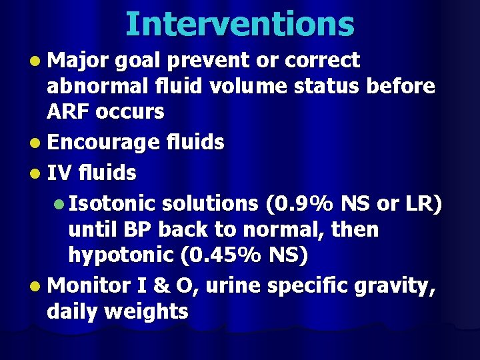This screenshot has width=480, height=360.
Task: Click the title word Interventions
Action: [240, 24]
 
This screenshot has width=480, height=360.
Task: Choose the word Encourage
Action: [104, 142]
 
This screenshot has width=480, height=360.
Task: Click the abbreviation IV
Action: [61, 173]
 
